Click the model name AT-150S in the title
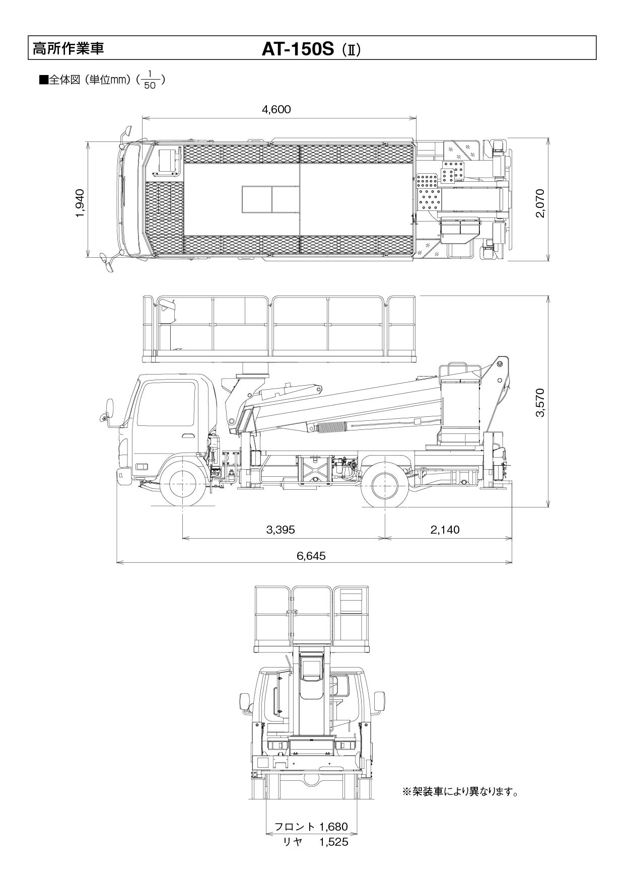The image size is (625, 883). click(298, 48)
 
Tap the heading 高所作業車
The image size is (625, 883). click(68, 48)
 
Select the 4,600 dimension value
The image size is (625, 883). click(276, 109)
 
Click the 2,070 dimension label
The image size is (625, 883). click(540, 203)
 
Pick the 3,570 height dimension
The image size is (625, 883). click(540, 403)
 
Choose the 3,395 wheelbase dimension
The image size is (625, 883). click(280, 529)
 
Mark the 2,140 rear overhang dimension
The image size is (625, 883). click(445, 529)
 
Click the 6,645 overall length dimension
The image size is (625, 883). click(311, 556)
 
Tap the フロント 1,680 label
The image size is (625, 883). click(311, 827)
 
